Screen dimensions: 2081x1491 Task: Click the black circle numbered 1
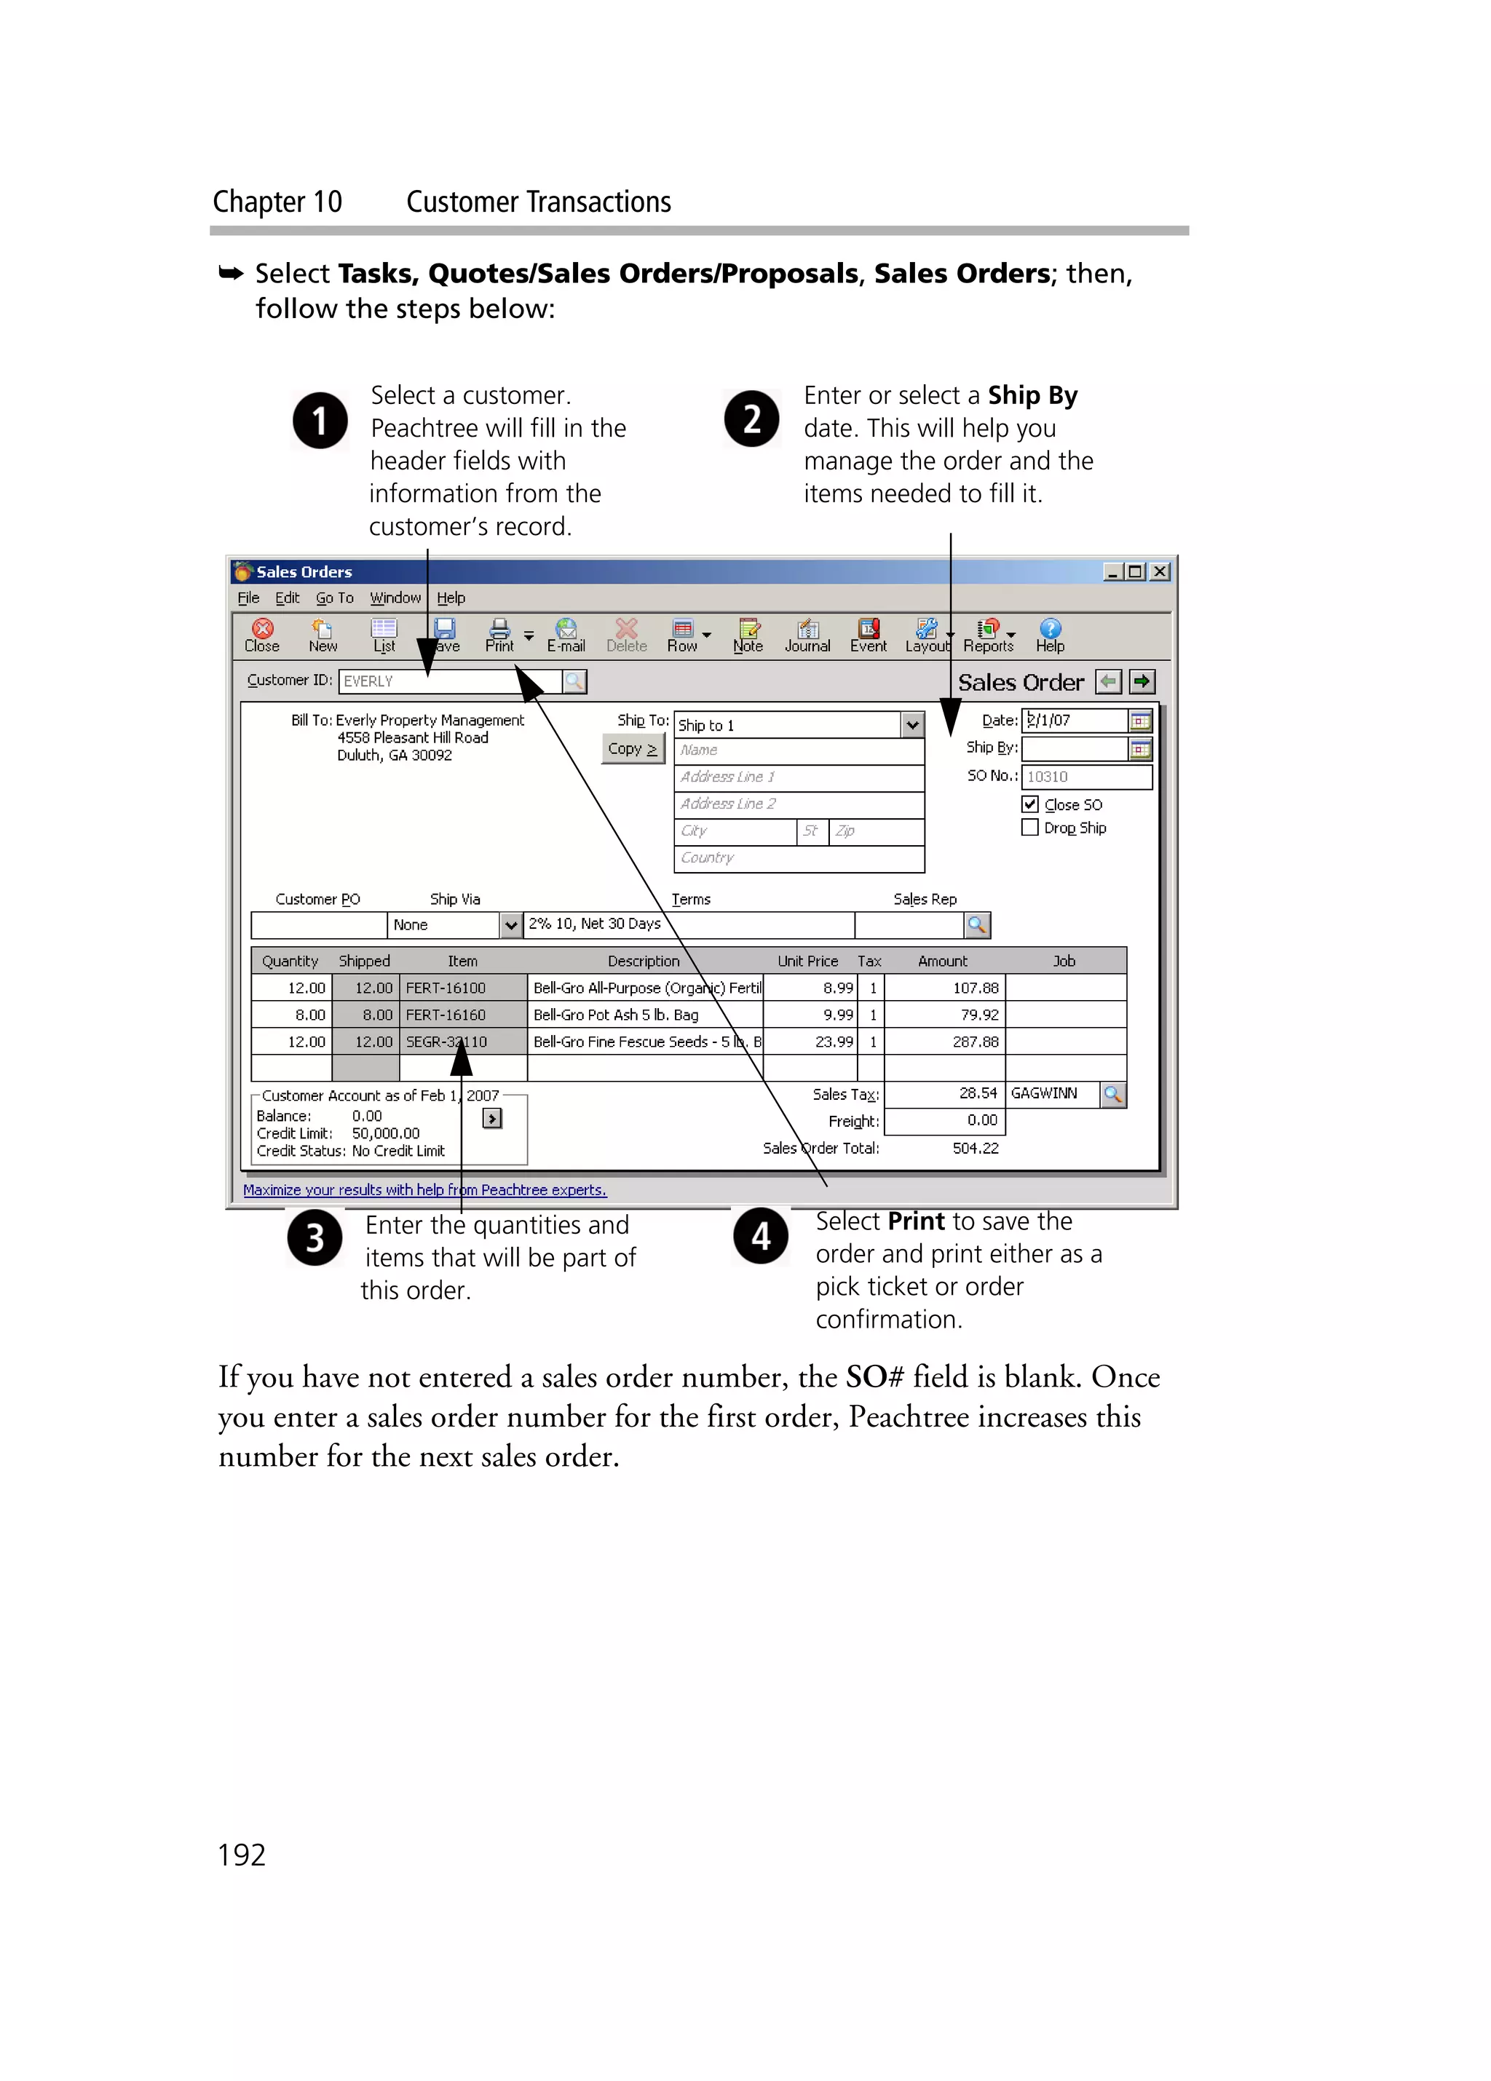(x=320, y=420)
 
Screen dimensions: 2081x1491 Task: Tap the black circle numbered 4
(x=761, y=1236)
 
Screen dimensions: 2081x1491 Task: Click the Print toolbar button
(x=499, y=634)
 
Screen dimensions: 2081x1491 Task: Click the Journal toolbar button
(x=807, y=634)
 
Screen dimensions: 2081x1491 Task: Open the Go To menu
(x=334, y=598)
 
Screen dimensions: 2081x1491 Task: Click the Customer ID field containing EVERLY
(x=450, y=681)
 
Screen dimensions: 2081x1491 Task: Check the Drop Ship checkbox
(x=1029, y=828)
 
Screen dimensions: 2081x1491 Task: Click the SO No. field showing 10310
(x=1085, y=776)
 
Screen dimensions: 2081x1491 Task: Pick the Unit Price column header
(x=807, y=961)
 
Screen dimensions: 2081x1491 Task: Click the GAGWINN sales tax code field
(x=1051, y=1094)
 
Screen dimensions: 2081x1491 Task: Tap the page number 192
(x=241, y=1855)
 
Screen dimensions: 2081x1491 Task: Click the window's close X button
(x=1160, y=571)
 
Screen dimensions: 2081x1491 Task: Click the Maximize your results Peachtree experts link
(x=424, y=1190)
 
